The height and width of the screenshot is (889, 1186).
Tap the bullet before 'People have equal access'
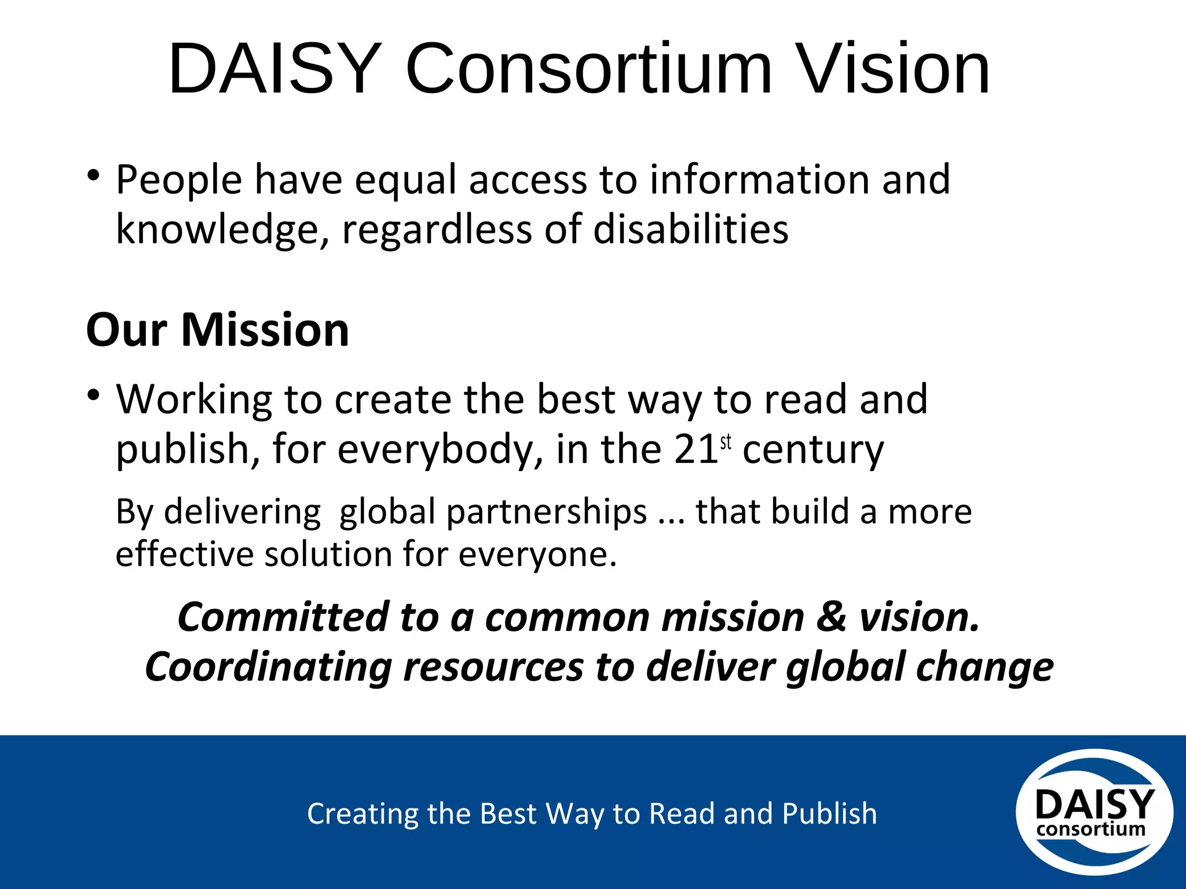point(93,174)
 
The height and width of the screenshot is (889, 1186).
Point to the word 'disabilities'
point(691,229)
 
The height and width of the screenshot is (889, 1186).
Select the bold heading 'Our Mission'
point(218,330)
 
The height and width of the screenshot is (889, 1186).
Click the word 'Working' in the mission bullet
point(194,399)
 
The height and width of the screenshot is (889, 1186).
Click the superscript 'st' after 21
point(726,442)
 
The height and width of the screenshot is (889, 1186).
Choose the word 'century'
point(813,450)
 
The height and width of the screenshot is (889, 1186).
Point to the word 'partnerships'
point(546,512)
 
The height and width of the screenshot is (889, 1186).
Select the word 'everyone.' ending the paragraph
point(538,555)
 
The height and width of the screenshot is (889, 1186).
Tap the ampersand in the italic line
point(831,617)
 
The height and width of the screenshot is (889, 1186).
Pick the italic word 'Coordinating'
point(268,667)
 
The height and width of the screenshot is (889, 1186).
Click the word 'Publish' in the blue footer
point(829,814)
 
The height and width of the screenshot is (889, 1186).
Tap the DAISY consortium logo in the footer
point(1094,812)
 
